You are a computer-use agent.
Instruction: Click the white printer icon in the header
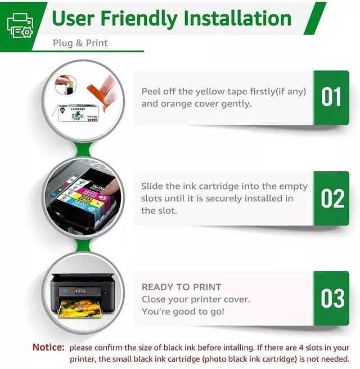pyautogui.click(x=20, y=25)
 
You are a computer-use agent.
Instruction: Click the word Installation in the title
pyautogui.click(x=237, y=19)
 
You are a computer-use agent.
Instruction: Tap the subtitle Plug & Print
pyautogui.click(x=80, y=43)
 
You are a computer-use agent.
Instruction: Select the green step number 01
pyautogui.click(x=331, y=97)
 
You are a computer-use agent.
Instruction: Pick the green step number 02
pyautogui.click(x=332, y=199)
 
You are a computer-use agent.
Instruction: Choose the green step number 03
pyautogui.click(x=332, y=298)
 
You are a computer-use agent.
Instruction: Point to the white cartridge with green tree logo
pyautogui.click(x=78, y=114)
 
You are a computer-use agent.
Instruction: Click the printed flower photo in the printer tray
pyautogui.click(x=80, y=308)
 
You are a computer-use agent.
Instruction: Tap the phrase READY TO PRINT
pyautogui.click(x=182, y=287)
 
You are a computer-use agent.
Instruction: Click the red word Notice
pyautogui.click(x=48, y=348)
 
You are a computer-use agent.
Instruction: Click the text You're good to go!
pyautogui.click(x=183, y=312)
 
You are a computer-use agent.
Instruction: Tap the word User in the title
pyautogui.click(x=73, y=19)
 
